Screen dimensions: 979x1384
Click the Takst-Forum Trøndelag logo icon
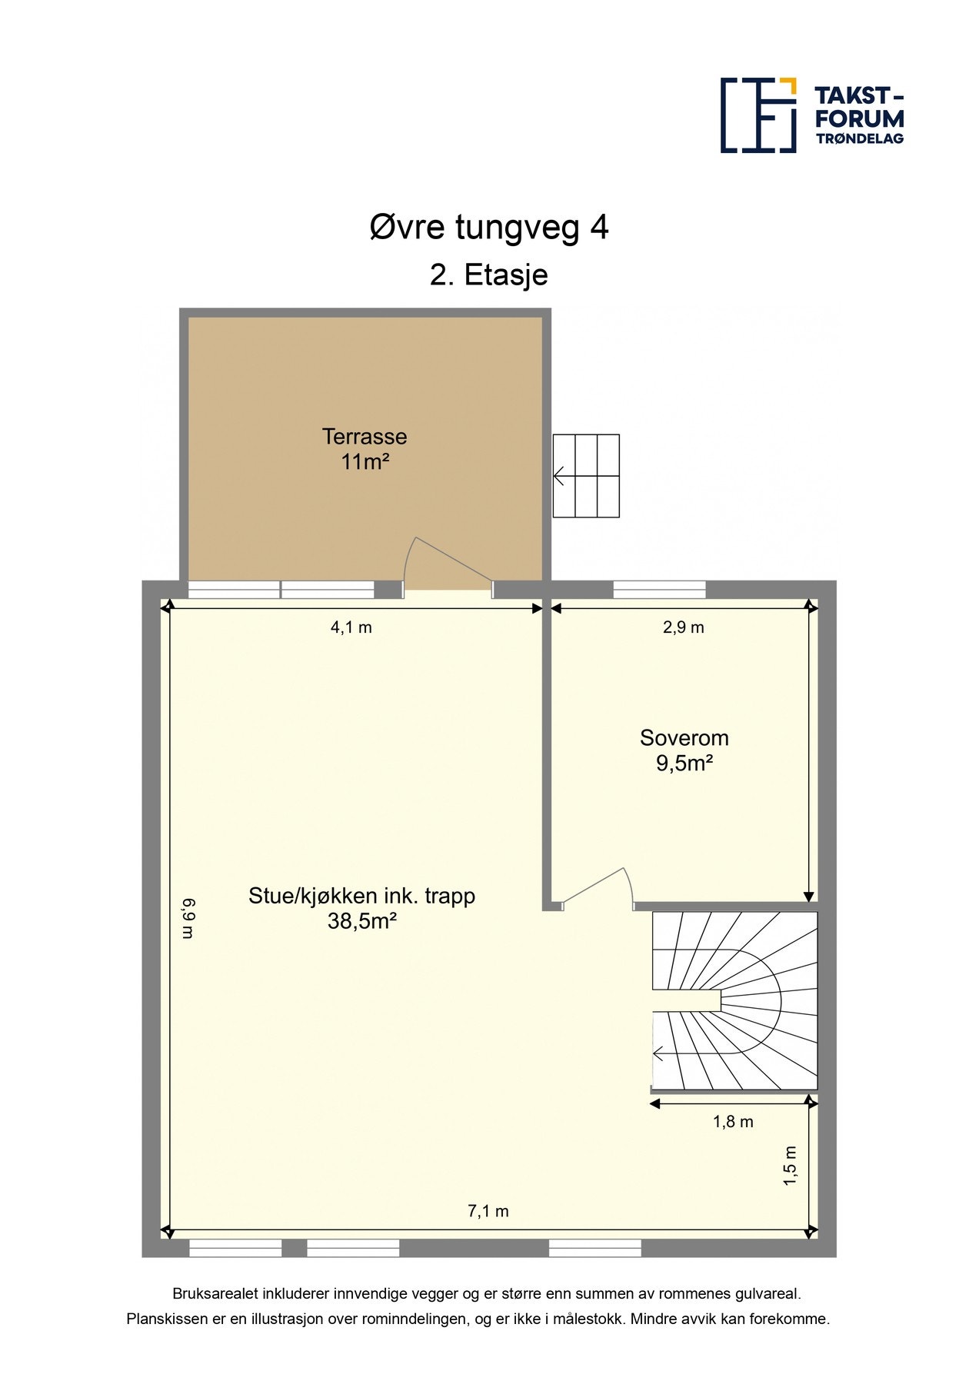[758, 115]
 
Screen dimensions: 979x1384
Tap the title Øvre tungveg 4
[489, 228]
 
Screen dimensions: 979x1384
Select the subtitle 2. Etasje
[489, 275]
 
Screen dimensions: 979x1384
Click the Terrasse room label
[365, 437]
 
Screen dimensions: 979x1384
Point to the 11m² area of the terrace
[365, 462]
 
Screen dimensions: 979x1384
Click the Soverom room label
[684, 738]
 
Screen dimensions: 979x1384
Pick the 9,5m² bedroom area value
[684, 764]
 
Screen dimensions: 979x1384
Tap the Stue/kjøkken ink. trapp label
[362, 897]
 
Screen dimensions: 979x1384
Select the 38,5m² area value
[362, 921]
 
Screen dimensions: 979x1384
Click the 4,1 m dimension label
[351, 627]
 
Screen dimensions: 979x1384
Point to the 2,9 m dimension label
[684, 627]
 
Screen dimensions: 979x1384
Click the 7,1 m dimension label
[488, 1212]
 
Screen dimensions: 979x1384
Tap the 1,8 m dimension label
[733, 1122]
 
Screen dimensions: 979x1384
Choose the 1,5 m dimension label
[791, 1166]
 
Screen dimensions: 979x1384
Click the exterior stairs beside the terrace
[586, 476]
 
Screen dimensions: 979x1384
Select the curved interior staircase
[734, 1000]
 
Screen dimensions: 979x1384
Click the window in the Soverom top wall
[659, 590]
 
